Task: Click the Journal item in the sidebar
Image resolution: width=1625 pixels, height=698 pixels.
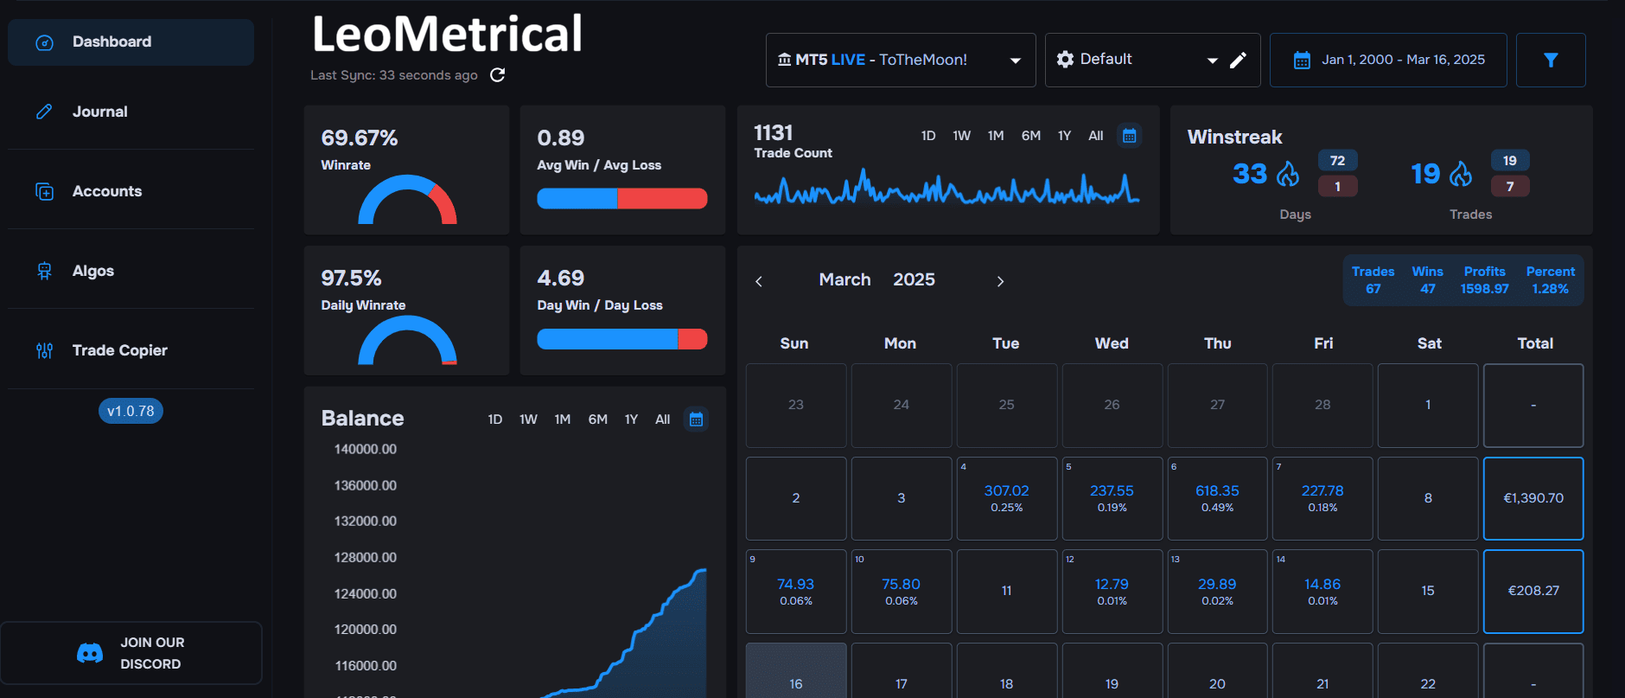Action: coord(99,112)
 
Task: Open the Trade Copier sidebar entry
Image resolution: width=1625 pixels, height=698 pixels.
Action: coord(119,350)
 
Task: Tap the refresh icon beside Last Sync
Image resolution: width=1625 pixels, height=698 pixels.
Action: coord(497,75)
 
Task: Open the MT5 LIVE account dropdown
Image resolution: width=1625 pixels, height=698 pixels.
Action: coord(900,60)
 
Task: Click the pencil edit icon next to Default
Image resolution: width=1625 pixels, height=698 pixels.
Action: coord(1238,60)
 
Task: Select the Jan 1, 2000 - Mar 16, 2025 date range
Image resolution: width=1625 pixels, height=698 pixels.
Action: coord(1388,60)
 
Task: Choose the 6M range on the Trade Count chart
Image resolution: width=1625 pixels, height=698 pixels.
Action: coord(1030,136)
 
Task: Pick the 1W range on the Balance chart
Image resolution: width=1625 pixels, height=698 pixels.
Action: coord(528,419)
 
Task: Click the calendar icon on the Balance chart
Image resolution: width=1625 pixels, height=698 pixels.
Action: coord(696,419)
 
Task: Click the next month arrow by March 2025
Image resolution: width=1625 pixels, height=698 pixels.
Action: coord(1000,281)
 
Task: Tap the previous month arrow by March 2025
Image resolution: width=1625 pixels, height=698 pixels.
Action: coord(759,281)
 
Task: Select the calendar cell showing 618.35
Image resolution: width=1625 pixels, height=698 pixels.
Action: coord(1217,497)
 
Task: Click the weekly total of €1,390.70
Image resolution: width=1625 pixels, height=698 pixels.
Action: coord(1533,498)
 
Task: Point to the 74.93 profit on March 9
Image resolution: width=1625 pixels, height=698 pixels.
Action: coord(795,585)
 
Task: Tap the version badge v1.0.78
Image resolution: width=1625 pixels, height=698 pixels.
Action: coord(131,411)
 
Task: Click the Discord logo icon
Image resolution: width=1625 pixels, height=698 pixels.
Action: coord(90,653)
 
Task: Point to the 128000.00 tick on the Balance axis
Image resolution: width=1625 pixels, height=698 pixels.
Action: coord(365,557)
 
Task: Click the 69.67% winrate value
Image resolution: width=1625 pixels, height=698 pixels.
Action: coord(360,138)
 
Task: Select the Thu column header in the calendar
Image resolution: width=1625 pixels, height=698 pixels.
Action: coord(1217,343)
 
